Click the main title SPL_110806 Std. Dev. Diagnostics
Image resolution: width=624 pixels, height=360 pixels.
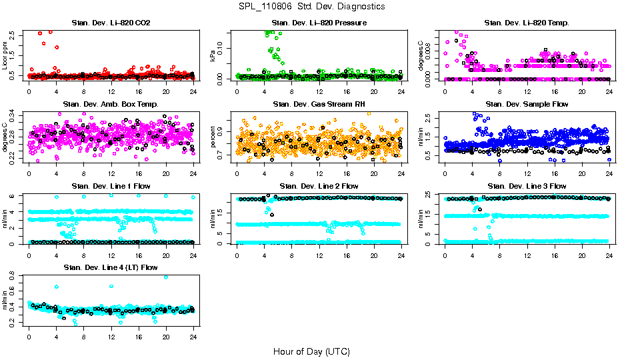[311, 6]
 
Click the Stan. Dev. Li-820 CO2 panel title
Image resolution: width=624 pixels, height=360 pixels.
[111, 23]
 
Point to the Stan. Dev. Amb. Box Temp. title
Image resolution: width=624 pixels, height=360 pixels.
[111, 105]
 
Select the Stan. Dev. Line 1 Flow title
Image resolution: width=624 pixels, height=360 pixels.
[111, 186]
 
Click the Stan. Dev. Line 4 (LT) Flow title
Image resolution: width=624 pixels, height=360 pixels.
[111, 267]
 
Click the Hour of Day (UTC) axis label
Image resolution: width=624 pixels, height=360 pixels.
[311, 351]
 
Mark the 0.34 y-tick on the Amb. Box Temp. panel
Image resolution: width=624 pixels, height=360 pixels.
[16, 114]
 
